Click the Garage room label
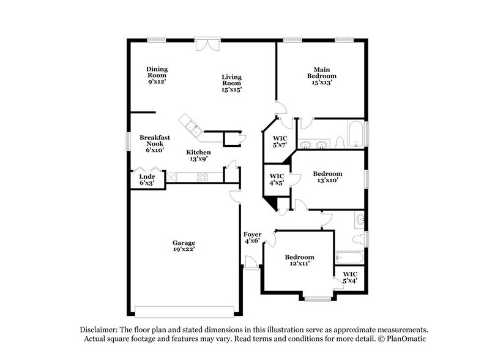pyautogui.click(x=184, y=246)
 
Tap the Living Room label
pyautogui.click(x=232, y=83)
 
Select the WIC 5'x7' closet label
pyautogui.click(x=279, y=142)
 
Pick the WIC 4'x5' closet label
pyautogui.click(x=277, y=179)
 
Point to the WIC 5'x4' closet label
pyautogui.click(x=350, y=277)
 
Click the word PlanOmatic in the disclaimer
pyautogui.click(x=404, y=338)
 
